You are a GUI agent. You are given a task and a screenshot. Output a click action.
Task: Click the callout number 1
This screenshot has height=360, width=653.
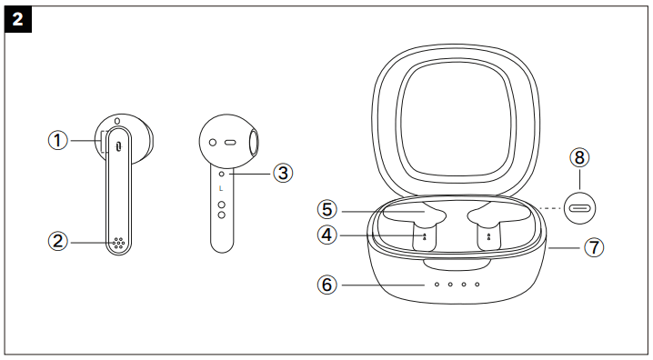pos(58,141)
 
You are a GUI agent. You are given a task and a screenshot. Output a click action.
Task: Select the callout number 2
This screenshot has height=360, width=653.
pos(58,241)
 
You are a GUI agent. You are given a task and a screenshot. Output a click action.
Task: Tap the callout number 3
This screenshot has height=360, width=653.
pos(283,171)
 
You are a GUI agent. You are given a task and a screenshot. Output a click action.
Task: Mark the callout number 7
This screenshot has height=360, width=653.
pos(593,246)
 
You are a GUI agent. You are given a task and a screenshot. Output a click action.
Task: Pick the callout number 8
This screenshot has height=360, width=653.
pos(579,157)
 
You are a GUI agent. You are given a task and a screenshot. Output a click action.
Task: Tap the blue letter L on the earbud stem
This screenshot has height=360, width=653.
pos(221,188)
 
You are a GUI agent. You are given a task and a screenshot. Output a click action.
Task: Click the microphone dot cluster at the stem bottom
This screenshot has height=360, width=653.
pos(118,244)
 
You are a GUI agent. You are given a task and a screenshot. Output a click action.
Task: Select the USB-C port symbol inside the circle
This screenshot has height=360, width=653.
pos(579,206)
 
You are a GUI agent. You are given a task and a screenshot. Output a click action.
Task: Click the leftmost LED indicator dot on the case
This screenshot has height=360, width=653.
pos(437,285)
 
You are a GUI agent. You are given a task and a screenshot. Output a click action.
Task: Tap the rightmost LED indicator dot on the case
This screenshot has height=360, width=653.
pos(477,285)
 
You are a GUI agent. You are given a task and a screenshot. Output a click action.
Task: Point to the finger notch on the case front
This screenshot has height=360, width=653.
pos(457,265)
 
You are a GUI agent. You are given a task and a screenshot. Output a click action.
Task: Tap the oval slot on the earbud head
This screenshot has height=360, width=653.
pos(229,143)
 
